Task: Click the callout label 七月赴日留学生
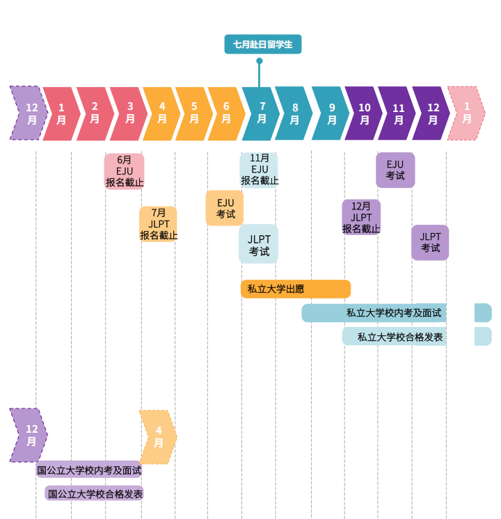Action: [262, 45]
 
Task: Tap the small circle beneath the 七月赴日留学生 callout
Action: [260, 61]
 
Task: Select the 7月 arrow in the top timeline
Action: [261, 113]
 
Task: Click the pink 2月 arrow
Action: [94, 113]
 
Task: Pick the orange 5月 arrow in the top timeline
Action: [193, 113]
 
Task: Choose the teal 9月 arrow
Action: [331, 113]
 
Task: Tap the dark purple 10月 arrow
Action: [363, 113]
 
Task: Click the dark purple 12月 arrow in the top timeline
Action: [431, 113]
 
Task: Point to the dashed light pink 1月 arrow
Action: [466, 113]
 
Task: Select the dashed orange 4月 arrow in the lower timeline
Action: [158, 437]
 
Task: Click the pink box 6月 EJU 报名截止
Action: [125, 171]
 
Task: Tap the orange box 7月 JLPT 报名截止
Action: [158, 224]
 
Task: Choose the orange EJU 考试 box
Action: [225, 208]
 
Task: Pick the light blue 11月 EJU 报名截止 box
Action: [259, 170]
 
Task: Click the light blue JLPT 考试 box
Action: [259, 244]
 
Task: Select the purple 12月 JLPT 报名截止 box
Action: [361, 217]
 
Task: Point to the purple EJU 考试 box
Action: [395, 170]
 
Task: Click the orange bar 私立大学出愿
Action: [295, 289]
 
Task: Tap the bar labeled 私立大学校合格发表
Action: [400, 337]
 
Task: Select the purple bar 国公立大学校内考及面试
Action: [89, 470]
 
